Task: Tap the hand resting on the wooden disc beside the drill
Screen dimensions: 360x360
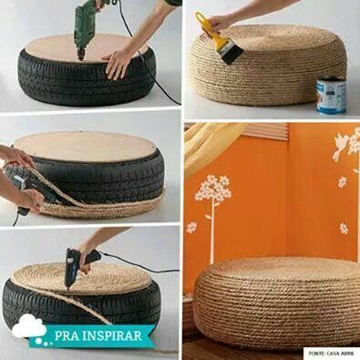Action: (x=118, y=63)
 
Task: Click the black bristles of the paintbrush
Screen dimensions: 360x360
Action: (x=231, y=53)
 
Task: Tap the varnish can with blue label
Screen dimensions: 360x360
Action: (x=330, y=95)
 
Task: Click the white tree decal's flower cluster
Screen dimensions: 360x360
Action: (x=213, y=190)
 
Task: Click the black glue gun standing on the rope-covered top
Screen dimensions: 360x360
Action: (x=75, y=264)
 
